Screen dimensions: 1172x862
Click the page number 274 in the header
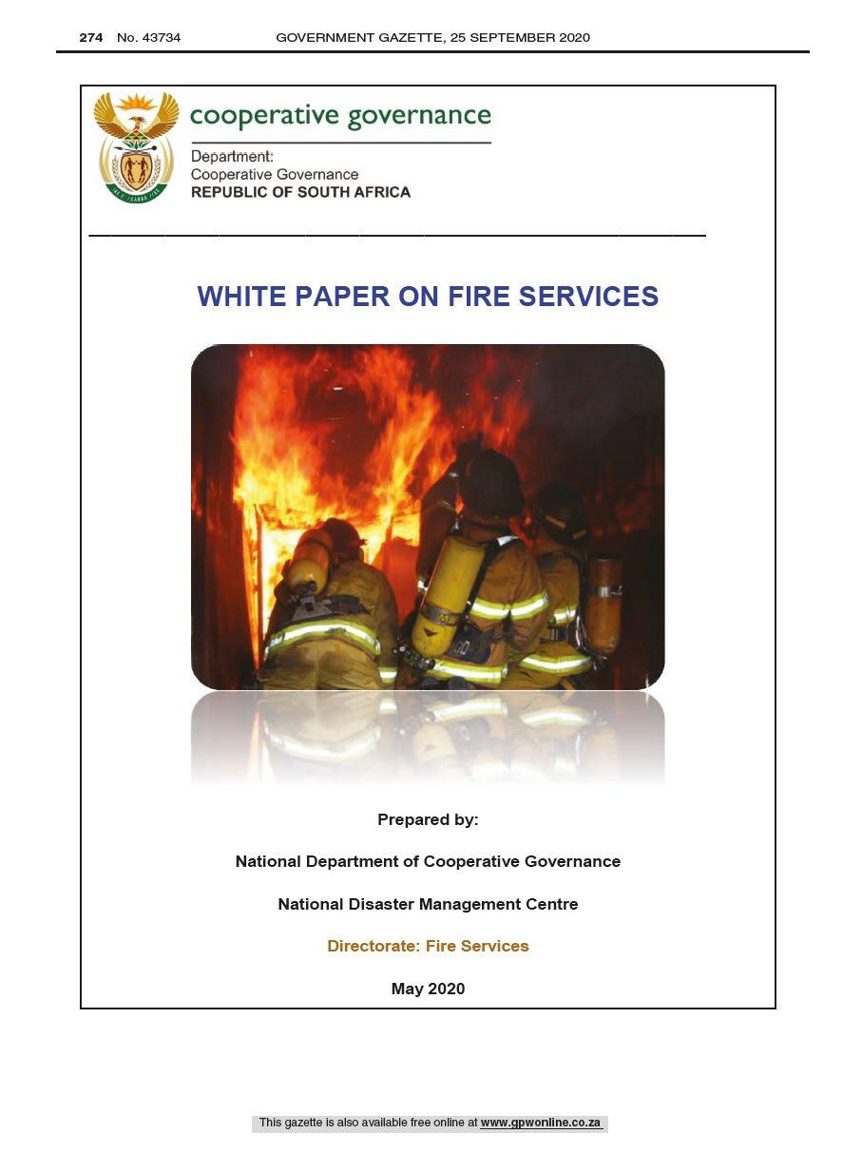(x=90, y=38)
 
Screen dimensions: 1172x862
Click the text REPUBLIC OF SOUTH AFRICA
(x=300, y=192)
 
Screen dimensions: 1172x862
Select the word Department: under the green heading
(x=232, y=157)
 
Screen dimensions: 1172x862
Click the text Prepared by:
(x=428, y=819)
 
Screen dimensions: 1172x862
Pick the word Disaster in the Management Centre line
(x=372, y=904)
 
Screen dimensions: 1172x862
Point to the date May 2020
(x=428, y=989)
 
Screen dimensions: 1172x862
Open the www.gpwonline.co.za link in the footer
(x=541, y=1123)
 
